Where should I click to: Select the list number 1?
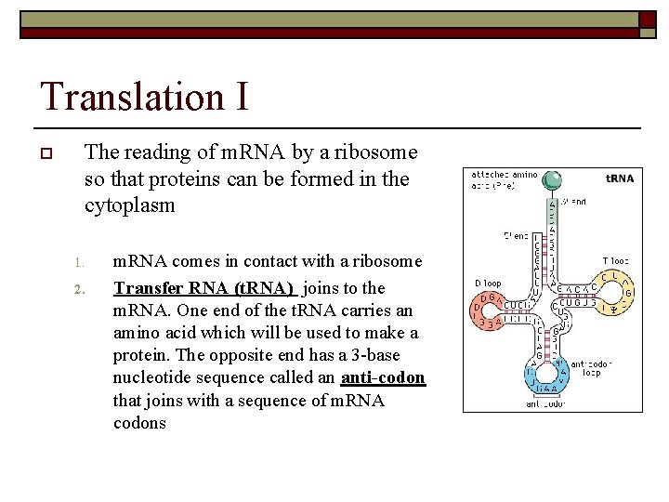[x=80, y=263]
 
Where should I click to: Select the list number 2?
[x=80, y=288]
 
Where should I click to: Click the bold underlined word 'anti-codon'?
[x=383, y=377]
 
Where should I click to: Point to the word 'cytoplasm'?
[x=129, y=205]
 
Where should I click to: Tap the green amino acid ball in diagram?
[x=553, y=180]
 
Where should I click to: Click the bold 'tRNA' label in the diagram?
[x=620, y=178]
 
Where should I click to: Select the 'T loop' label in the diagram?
[x=615, y=261]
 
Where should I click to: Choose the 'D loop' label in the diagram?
[x=488, y=282]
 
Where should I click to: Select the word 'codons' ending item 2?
[x=139, y=422]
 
